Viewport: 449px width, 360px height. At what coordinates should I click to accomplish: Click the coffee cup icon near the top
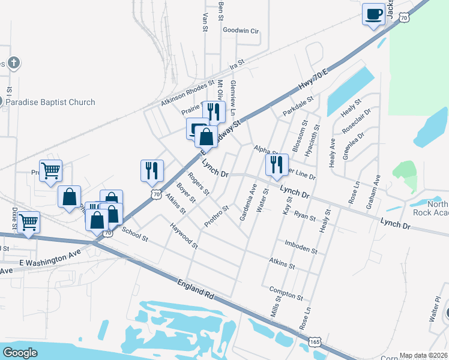pos(373,14)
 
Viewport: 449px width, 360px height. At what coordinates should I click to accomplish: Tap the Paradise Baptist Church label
pos(50,102)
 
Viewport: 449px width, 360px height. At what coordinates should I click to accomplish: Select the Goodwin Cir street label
pos(240,30)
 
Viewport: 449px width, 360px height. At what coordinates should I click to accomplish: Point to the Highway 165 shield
pos(314,341)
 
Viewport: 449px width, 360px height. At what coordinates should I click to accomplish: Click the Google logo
pos(20,353)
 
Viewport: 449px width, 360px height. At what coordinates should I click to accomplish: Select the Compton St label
pos(286,293)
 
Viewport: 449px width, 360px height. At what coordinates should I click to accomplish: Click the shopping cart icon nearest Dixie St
pos(28,222)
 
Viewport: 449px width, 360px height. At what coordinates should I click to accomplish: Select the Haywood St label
pos(184,236)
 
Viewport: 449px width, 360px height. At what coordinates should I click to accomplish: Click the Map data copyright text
pos(424,355)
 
